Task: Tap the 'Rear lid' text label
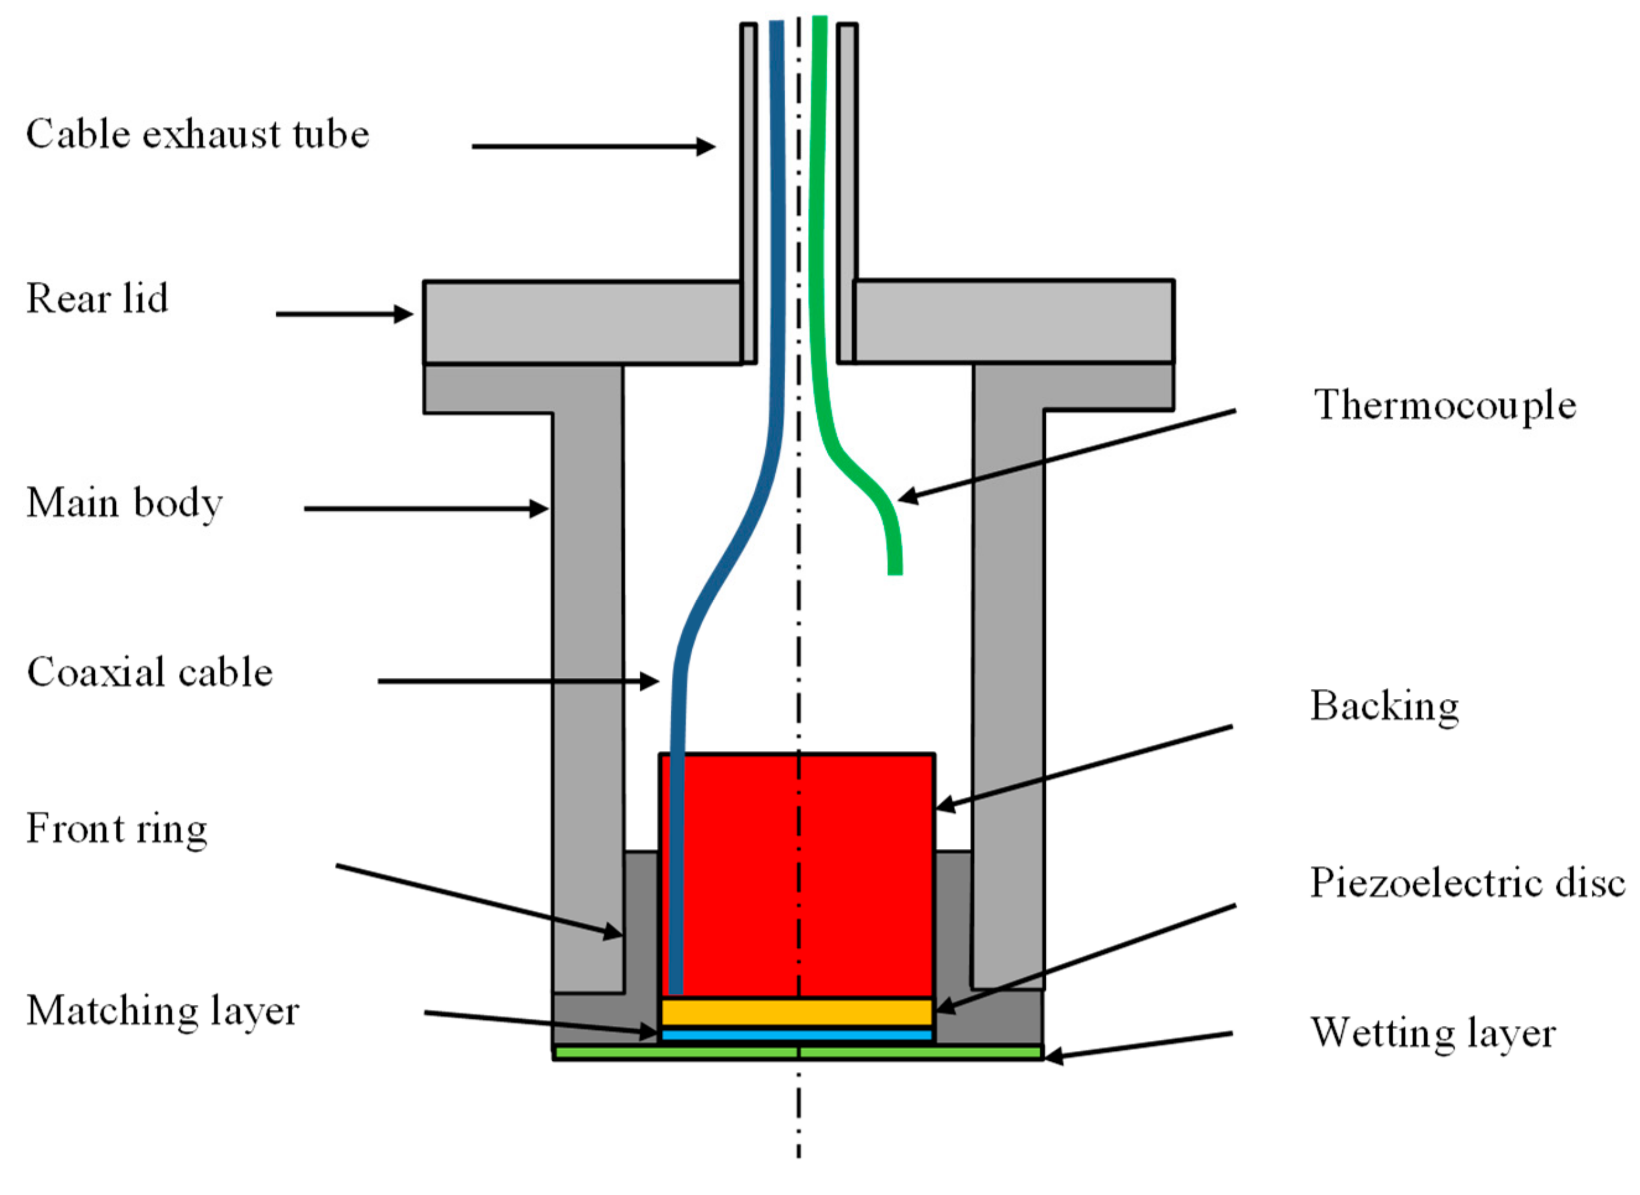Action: coord(97,299)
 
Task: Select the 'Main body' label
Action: coord(124,503)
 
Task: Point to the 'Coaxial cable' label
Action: coord(150,673)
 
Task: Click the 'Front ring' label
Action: coord(116,828)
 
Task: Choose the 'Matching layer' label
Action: coord(162,1011)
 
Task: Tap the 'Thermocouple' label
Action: coord(1445,405)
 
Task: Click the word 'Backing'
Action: coord(1384,707)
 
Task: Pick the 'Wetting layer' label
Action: coord(1433,1033)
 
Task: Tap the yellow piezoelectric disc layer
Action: coord(796,1011)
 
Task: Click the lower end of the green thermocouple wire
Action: coord(895,568)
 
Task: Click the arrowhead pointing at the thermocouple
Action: coord(906,497)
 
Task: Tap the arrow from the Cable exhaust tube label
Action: coord(593,147)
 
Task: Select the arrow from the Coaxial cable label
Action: coord(517,680)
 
